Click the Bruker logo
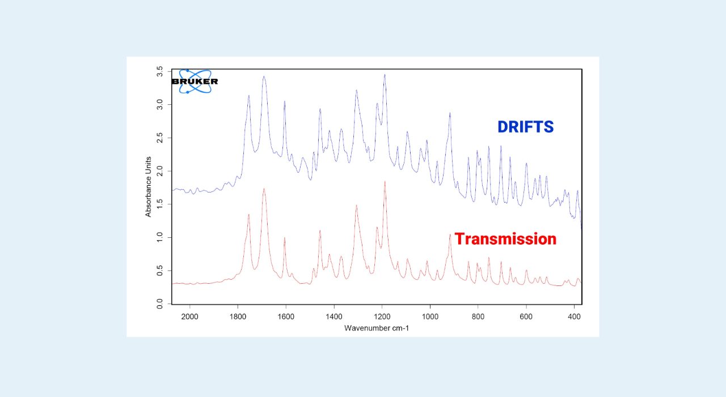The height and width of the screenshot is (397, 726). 195,81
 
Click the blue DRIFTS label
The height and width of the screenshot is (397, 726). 525,127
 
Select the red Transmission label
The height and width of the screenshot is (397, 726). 505,239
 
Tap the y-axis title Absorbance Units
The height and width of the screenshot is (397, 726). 149,187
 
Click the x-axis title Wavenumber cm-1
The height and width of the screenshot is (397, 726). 376,328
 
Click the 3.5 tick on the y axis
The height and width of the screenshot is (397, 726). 160,71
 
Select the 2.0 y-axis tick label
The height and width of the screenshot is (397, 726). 160,171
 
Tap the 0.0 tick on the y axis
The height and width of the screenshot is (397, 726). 160,305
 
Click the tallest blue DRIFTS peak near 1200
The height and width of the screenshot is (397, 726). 385,75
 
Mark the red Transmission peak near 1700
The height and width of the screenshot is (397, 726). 264,189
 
